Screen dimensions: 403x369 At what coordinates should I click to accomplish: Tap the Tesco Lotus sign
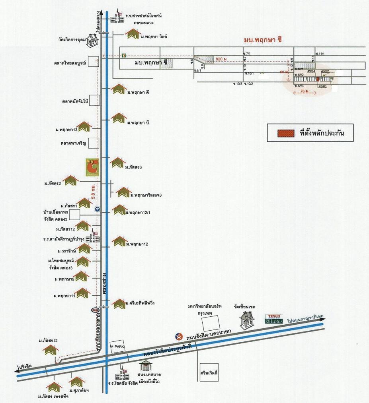click(x=274, y=319)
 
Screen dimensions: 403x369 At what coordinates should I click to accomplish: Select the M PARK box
click(x=117, y=346)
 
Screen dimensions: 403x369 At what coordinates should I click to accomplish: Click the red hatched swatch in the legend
click(x=285, y=133)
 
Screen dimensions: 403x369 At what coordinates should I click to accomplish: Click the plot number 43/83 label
click(x=322, y=86)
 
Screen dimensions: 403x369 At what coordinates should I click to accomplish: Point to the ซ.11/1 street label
click(x=320, y=54)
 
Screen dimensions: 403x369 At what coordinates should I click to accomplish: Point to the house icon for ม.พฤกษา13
click(x=84, y=127)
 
